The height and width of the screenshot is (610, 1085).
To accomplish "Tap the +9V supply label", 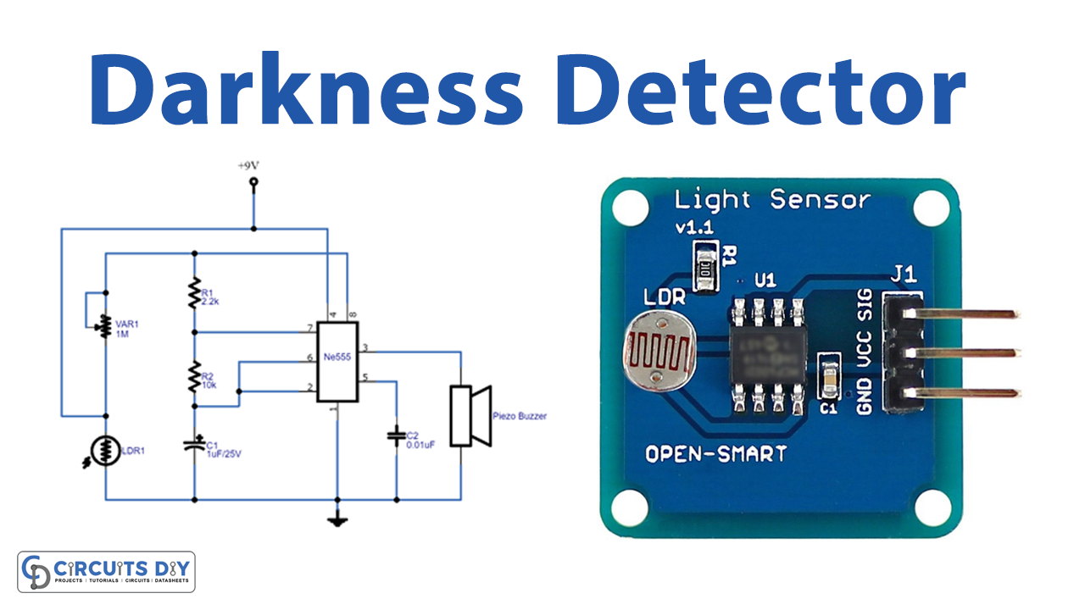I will [x=252, y=167].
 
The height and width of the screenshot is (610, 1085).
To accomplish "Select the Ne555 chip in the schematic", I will [x=337, y=362].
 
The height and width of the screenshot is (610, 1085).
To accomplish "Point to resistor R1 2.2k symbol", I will [x=194, y=292].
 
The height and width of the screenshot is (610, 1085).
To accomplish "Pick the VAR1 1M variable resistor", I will [x=105, y=324].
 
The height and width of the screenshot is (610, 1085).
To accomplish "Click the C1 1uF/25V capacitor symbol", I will [x=194, y=442].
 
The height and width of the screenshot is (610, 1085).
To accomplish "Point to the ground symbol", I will [x=337, y=519].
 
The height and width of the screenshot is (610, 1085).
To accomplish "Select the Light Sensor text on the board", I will [x=771, y=200].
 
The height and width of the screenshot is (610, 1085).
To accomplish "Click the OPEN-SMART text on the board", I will [x=716, y=453].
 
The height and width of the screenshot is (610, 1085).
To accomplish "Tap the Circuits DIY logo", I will [x=106, y=572].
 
